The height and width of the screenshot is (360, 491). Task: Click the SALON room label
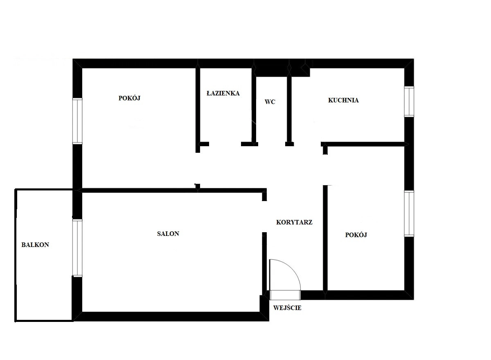[x=168, y=233]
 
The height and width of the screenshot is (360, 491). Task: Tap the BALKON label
[x=35, y=245]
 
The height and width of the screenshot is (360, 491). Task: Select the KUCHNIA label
[x=343, y=100]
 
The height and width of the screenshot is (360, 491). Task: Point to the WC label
[x=270, y=102]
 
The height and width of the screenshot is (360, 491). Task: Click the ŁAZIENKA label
[x=223, y=93]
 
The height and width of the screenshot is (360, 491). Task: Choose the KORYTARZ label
[x=294, y=222]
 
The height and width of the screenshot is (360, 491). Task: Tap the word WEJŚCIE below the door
[x=287, y=308]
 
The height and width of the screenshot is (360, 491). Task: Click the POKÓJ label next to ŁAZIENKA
[x=129, y=98]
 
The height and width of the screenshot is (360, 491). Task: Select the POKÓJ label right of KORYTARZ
[x=356, y=235]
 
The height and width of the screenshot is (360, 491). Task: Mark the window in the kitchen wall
[x=409, y=102]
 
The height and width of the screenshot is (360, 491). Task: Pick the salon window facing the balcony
[x=77, y=248]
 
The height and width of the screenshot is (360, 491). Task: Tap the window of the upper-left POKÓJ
[x=77, y=121]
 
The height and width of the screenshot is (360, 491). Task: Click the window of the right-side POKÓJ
[x=409, y=214]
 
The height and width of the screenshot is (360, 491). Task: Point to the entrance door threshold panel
[x=285, y=295]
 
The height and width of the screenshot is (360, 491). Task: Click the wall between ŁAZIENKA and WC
[x=254, y=105]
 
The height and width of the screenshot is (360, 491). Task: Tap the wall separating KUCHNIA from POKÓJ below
[x=365, y=144]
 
